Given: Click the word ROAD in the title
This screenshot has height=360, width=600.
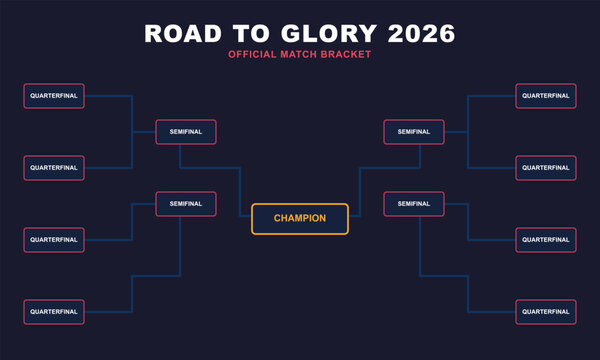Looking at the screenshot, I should pos(181,33).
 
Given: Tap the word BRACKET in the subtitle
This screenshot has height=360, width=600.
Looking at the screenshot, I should pos(346,53).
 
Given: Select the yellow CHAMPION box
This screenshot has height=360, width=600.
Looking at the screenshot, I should pos(300,219).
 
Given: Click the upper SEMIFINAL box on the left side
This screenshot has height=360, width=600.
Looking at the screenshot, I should pos(186,132).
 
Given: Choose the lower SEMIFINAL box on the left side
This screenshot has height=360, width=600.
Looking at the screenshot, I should pos(186,204).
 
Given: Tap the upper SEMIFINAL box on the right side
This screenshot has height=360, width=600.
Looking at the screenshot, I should pos(414,132).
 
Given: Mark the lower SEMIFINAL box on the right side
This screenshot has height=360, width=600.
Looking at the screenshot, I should pos(414,204).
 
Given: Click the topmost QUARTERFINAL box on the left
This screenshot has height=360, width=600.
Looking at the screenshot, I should pos(54,96).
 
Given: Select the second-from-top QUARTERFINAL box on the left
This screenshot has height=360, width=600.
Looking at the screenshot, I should pos(54,168).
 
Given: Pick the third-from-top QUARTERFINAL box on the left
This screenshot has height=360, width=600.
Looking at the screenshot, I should pos(54,240).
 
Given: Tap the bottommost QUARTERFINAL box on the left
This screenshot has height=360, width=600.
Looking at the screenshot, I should pos(54,312).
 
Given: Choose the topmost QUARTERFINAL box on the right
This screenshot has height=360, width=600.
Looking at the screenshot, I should pos(546,96).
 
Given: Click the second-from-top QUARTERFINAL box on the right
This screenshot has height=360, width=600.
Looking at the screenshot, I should pos(546,168).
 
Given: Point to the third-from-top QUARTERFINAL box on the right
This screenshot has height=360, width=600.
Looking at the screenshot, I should pos(546,240).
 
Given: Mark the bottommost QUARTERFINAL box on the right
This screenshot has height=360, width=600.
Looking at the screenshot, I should pos(546,312).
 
